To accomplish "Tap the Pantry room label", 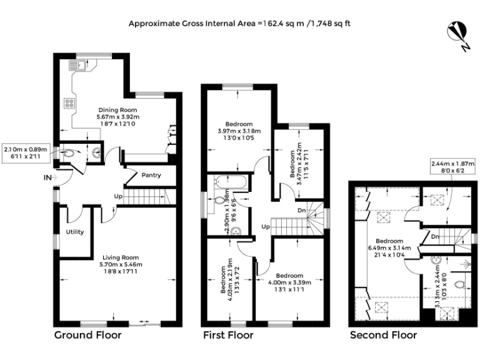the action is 151,175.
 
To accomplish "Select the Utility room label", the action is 75,232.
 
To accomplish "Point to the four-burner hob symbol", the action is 69,103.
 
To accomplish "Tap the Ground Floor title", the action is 88,335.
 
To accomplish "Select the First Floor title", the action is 228,335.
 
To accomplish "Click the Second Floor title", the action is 384,335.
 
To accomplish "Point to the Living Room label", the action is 121,257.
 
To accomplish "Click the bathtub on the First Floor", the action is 229,182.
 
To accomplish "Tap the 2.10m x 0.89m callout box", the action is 26,153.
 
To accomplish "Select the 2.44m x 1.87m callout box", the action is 452,167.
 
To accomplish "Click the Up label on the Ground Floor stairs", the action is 119,196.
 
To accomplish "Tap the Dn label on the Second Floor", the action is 435,237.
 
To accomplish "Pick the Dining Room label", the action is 118,110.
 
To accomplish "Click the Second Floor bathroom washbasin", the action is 436,261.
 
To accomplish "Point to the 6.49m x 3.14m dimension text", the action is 389,248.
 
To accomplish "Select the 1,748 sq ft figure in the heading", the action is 331,24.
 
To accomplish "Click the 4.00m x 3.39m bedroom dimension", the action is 289,282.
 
